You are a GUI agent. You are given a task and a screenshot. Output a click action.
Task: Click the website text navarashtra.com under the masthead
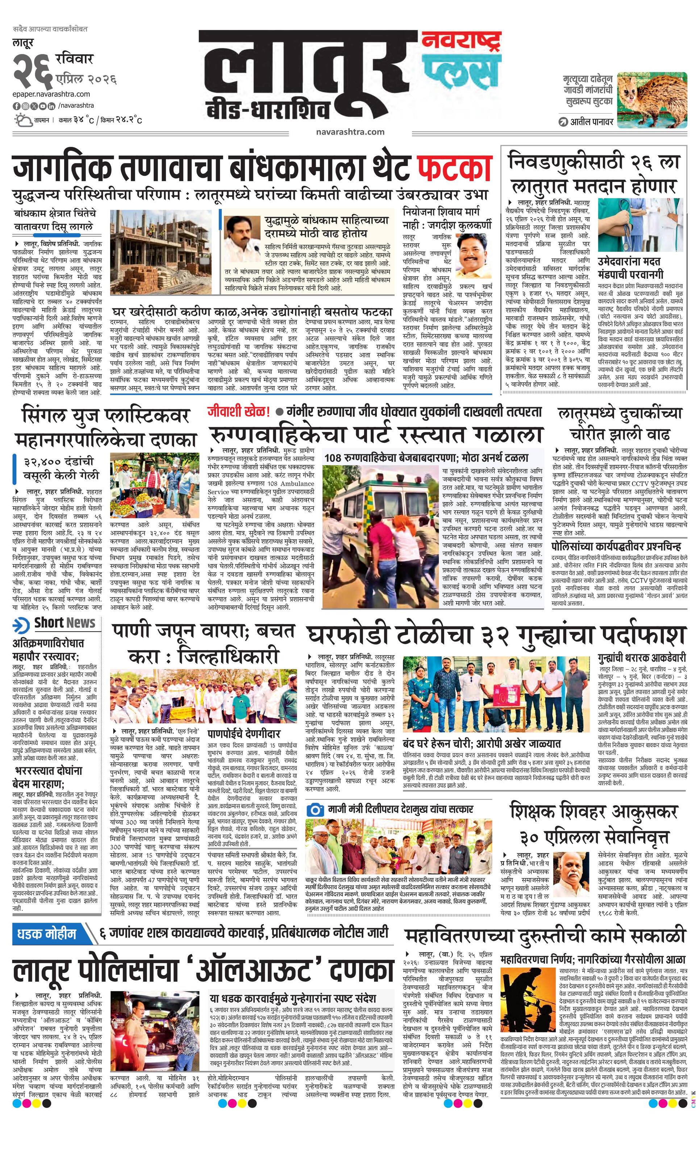pos(350,132)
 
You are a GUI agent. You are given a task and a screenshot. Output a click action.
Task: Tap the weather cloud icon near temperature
pos(22,120)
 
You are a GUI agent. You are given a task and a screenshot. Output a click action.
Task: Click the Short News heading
pos(64,623)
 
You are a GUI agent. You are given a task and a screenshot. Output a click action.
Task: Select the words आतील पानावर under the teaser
pos(591,122)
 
